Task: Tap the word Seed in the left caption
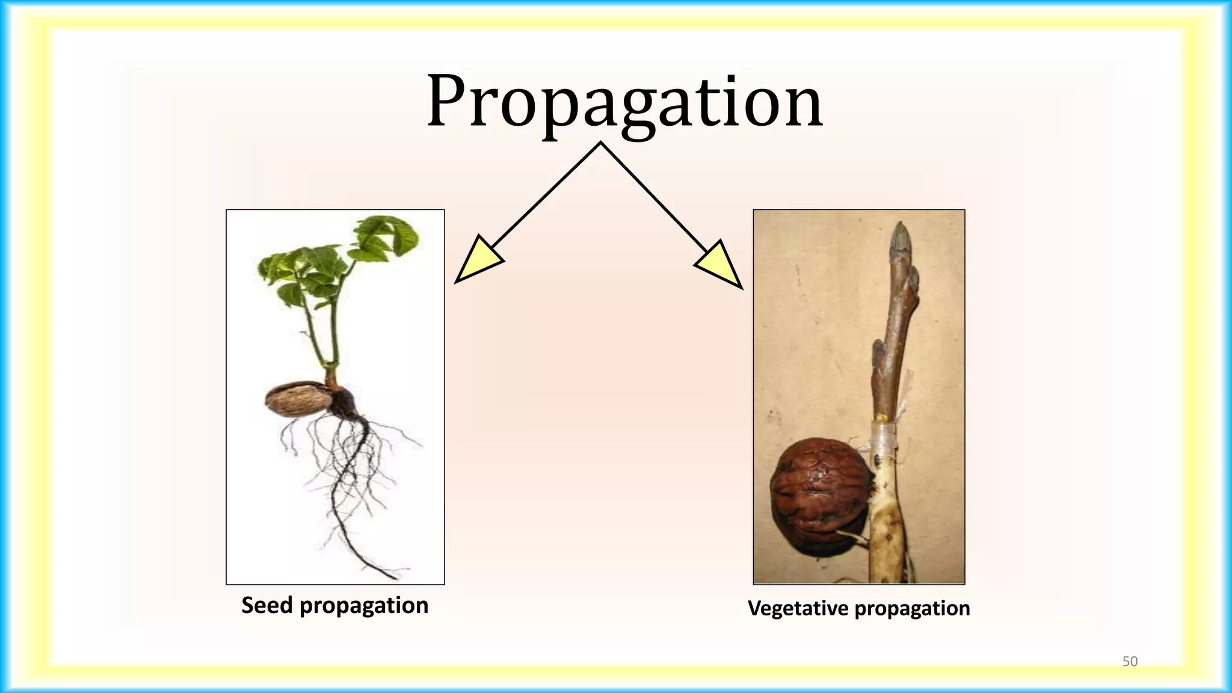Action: pyautogui.click(x=267, y=605)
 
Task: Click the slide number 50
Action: pyautogui.click(x=1130, y=661)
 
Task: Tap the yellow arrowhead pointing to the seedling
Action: pyautogui.click(x=479, y=259)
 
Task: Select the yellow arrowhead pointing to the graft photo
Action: pyautogui.click(x=719, y=264)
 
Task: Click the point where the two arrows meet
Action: pyautogui.click(x=600, y=143)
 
